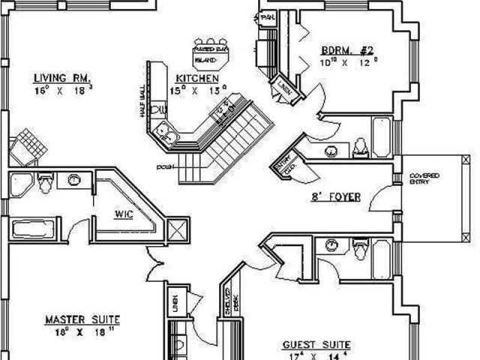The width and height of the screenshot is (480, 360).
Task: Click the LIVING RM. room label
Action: [x=62, y=77]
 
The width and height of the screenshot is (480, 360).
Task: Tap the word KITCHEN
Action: [x=197, y=78]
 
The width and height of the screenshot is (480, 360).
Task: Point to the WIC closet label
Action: [x=124, y=214]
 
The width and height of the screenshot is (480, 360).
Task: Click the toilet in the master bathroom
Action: [x=46, y=181]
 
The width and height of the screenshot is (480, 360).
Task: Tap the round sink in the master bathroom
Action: [x=74, y=180]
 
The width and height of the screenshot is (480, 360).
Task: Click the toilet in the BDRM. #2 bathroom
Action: [x=358, y=145]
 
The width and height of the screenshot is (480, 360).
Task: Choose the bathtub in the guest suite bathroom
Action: [x=382, y=262]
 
